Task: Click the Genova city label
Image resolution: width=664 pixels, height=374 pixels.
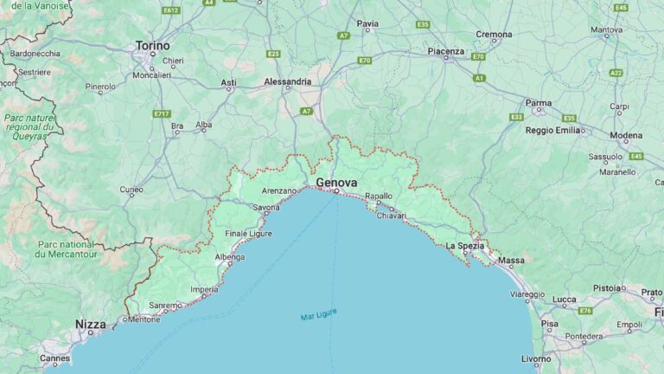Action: [336, 183]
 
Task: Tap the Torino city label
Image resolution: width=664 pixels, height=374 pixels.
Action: [152, 45]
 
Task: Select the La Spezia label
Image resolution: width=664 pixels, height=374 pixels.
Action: [464, 246]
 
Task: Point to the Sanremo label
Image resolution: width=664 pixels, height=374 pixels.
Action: [165, 305]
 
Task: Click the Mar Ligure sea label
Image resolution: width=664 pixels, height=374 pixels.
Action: [317, 317]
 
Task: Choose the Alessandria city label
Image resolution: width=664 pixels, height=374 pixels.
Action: [287, 81]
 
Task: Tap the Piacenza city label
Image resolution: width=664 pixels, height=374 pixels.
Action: [446, 51]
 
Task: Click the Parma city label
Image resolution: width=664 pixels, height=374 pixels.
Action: [538, 103]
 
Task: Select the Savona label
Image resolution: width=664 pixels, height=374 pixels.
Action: [266, 208]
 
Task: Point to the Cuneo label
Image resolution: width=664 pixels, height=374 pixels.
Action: [131, 189]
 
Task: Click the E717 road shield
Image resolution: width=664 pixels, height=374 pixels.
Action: [162, 113]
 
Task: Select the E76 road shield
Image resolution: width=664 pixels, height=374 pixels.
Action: [585, 310]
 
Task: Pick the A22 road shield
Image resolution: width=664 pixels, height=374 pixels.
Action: [616, 73]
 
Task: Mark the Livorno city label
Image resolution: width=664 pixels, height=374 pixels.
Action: [536, 358]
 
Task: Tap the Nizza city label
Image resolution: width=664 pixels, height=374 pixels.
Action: [90, 325]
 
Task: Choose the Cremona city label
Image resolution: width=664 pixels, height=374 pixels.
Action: [494, 35]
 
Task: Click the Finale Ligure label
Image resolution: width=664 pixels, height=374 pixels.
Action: [248, 234]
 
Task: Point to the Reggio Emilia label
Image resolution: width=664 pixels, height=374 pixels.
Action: [552, 130]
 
